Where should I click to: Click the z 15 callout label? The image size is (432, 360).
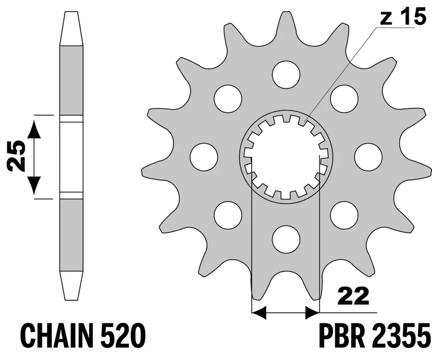coord(402,17)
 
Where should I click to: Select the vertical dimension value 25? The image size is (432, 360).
coord(16,156)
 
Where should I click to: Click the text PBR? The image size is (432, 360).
coord(338,336)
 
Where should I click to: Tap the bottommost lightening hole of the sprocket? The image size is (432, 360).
coord(286,238)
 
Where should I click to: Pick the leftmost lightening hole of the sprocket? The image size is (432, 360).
coord(204,156)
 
